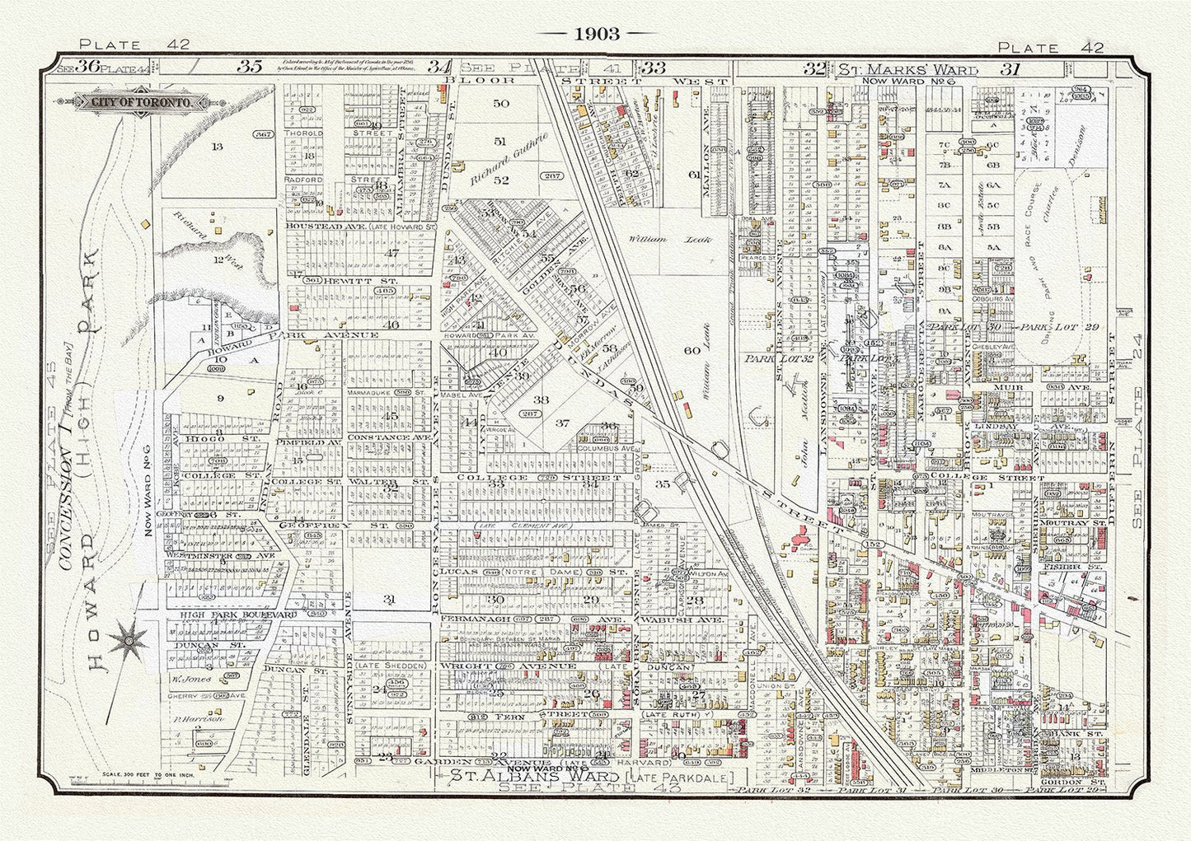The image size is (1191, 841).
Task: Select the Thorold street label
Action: (x=302, y=132)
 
